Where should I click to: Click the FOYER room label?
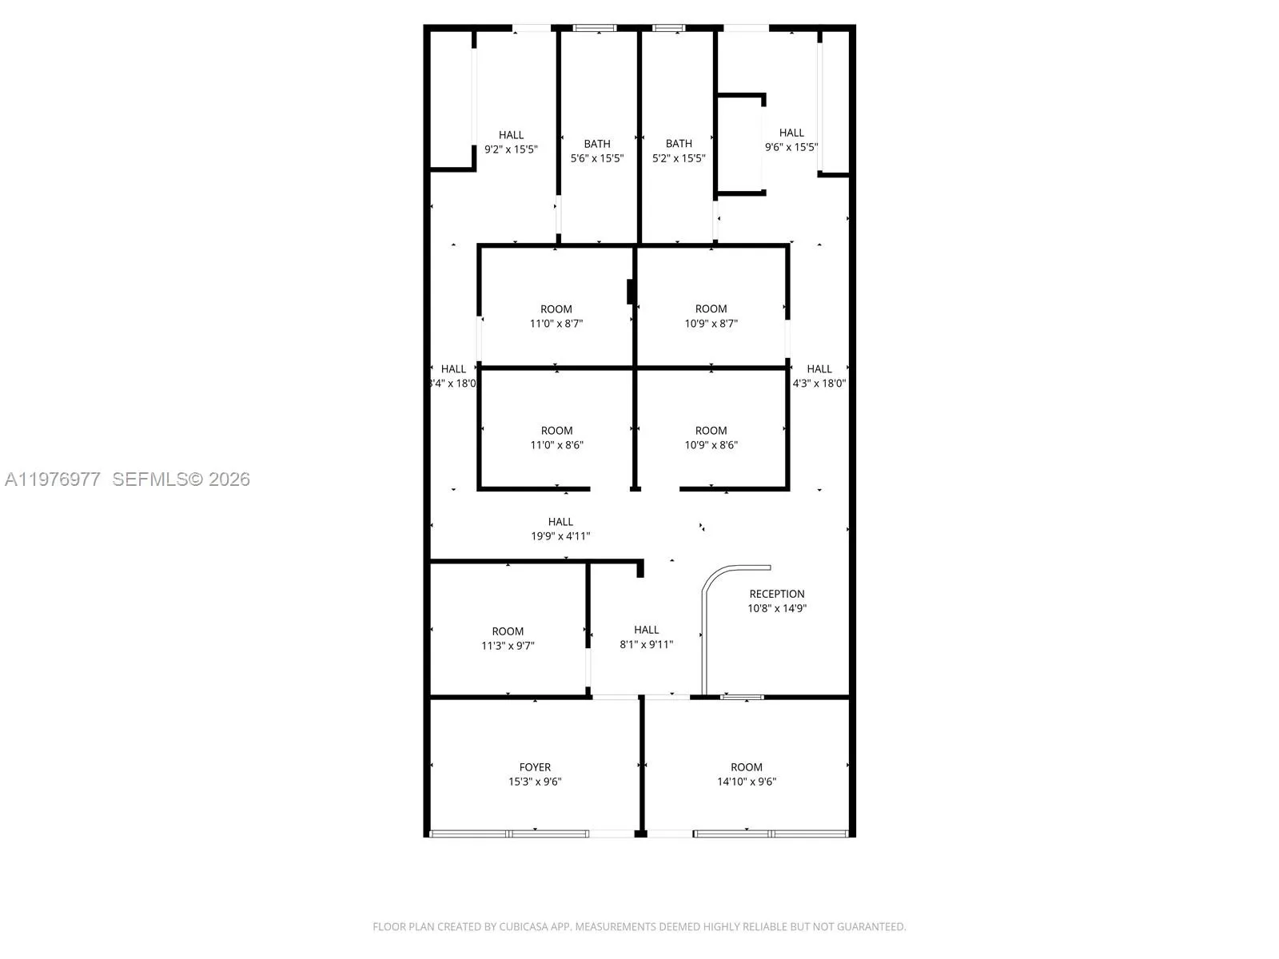pyautogui.click(x=535, y=767)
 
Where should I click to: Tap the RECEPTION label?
pyautogui.click(x=776, y=594)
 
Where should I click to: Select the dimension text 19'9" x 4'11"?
pyautogui.click(x=560, y=536)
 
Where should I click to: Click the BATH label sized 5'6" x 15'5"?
pyautogui.click(x=596, y=144)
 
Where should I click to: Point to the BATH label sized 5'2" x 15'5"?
pyautogui.click(x=679, y=144)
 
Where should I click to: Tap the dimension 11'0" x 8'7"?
pyautogui.click(x=556, y=324)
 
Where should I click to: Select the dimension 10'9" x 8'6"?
pyautogui.click(x=711, y=445)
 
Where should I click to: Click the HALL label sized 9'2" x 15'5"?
pyautogui.click(x=511, y=135)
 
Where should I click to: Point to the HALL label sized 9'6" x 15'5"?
pyautogui.click(x=791, y=133)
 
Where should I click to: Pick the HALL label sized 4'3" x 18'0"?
pyautogui.click(x=819, y=369)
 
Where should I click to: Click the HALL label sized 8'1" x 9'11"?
pyautogui.click(x=646, y=630)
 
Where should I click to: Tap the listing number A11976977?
pyautogui.click(x=53, y=479)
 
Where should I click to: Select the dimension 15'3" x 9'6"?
pyautogui.click(x=535, y=782)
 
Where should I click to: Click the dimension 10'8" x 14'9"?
pyautogui.click(x=776, y=608)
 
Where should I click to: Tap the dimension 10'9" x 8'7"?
pyautogui.click(x=711, y=324)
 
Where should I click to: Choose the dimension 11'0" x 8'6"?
pyautogui.click(x=556, y=445)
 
